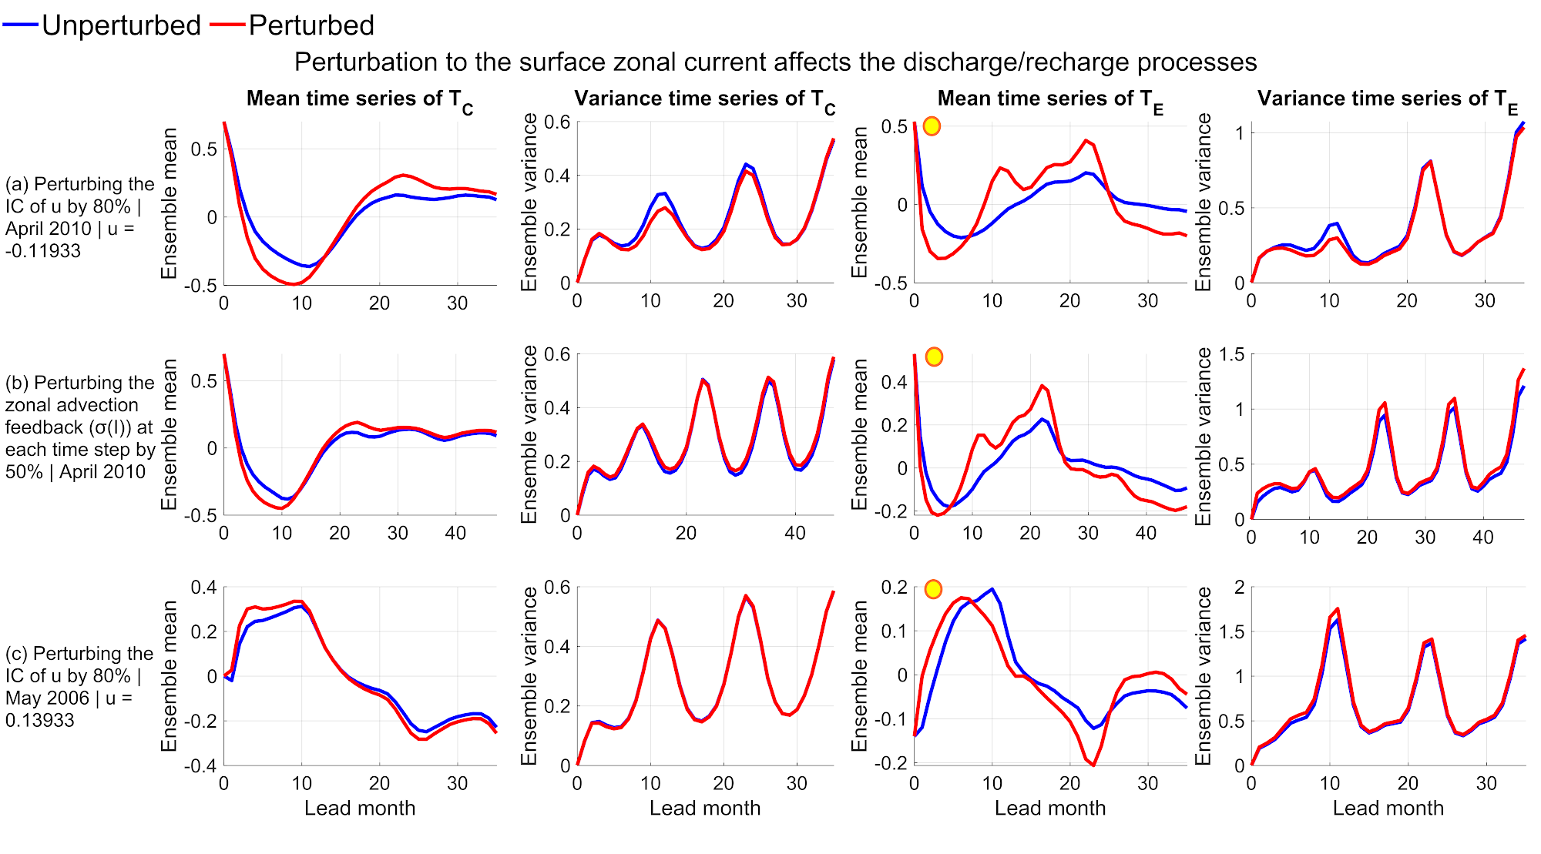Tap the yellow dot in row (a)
[932, 126]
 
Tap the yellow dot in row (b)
[934, 357]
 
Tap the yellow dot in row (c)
[933, 590]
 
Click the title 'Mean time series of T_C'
[359, 99]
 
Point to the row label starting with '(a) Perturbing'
[79, 217]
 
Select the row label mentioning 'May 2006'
[79, 687]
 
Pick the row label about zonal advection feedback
[79, 427]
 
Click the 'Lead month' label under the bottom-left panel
[360, 808]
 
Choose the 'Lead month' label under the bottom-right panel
[1388, 808]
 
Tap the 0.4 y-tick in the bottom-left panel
[203, 588]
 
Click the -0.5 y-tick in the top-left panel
[200, 286]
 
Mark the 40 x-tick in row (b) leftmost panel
[455, 533]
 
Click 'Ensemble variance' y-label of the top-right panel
[1203, 202]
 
